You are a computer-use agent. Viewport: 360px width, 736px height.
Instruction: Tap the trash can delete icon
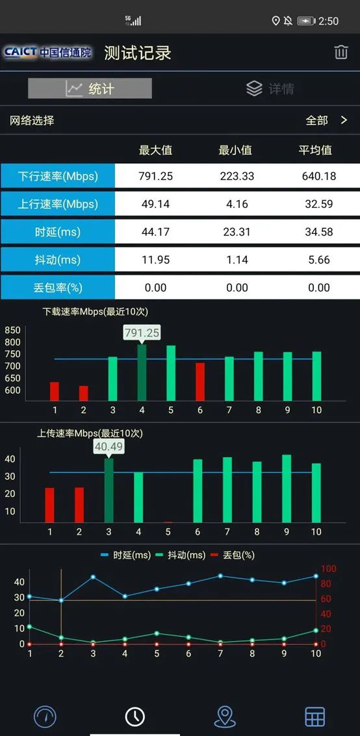click(x=341, y=53)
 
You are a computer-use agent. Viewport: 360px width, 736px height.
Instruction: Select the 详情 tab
click(x=270, y=88)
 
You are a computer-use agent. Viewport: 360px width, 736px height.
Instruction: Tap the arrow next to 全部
click(x=344, y=120)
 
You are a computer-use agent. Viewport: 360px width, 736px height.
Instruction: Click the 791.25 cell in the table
click(x=155, y=176)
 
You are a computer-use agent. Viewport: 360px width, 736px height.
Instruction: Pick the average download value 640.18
click(x=318, y=176)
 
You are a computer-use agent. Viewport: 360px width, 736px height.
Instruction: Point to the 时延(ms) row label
click(x=58, y=232)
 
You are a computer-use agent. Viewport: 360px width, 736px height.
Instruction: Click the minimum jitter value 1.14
click(x=237, y=260)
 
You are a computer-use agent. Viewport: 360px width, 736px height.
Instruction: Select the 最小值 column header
click(x=235, y=150)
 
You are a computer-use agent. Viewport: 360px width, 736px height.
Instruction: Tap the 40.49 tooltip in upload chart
click(x=109, y=446)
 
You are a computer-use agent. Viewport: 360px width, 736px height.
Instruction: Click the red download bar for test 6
click(x=200, y=381)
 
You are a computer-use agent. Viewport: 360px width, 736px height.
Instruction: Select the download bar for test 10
click(x=316, y=376)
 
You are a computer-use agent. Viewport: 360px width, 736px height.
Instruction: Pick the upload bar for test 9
click(x=287, y=489)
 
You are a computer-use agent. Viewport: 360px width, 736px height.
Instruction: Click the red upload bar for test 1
click(x=50, y=505)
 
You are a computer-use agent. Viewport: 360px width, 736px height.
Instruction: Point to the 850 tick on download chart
click(x=13, y=330)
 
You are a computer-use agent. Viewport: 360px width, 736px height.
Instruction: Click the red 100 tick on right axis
click(x=329, y=569)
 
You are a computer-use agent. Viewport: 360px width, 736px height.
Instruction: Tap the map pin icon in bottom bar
click(x=225, y=716)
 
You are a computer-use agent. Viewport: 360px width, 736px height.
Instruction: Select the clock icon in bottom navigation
click(x=135, y=716)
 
